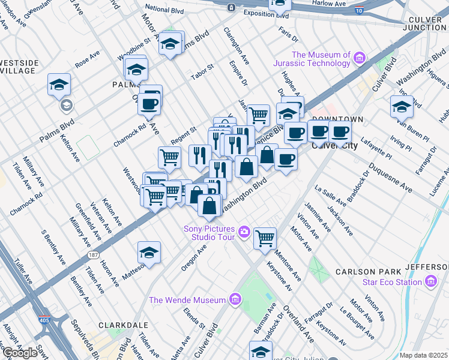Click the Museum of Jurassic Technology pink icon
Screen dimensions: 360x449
pos(360,58)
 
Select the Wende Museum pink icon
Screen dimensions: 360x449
pos(235,299)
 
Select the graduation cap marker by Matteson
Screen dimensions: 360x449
pos(149,252)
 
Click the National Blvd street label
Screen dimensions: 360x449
pos(165,9)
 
